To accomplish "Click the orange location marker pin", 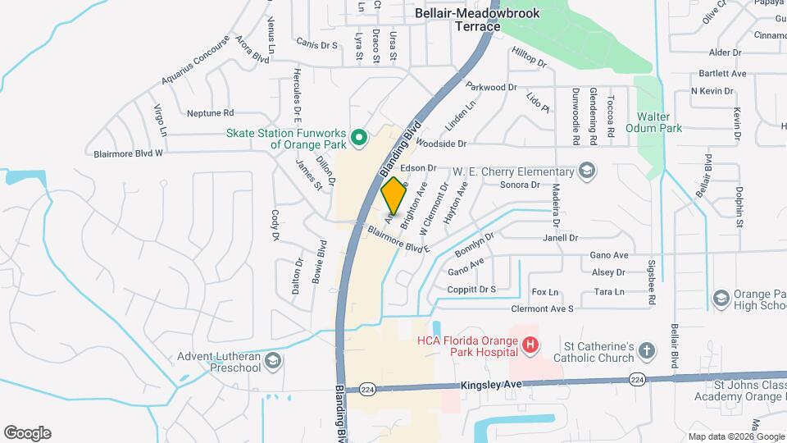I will [393, 195].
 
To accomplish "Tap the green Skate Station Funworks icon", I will [358, 138].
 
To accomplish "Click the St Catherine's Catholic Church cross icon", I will [646, 351].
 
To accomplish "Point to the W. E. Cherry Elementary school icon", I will [586, 171].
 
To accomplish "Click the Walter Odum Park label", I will [653, 123].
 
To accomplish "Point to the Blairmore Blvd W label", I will [129, 153].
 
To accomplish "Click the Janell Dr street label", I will [561, 238].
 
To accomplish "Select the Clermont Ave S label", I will [542, 308].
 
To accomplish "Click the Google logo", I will [27, 433].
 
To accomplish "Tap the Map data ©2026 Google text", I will [734, 436].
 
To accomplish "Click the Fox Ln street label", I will [545, 291].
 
